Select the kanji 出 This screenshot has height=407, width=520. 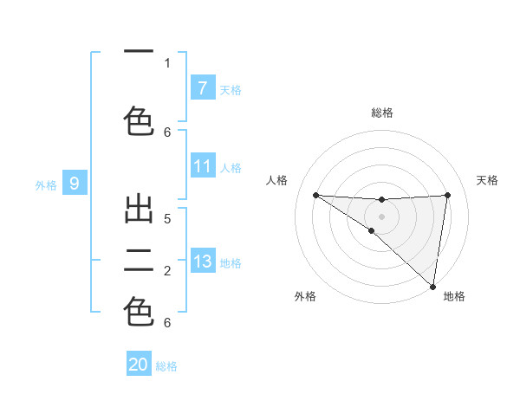pos(139,213)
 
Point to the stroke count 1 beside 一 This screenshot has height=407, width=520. pos(167,62)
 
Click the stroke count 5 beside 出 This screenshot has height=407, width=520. pos(167,218)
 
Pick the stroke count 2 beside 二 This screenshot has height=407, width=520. pos(167,270)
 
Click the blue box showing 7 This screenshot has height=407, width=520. pos(202,87)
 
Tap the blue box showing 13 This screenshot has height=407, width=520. pos(202,262)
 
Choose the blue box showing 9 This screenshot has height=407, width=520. pos(75,184)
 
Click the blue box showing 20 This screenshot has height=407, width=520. pos(138,365)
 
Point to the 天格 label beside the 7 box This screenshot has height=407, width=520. pos(231,89)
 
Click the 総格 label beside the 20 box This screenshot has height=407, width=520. pos(166,366)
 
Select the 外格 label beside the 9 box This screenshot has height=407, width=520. pos(45,184)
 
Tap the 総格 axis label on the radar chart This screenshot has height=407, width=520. pos(381,113)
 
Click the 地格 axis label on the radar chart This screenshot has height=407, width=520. pos(454,297)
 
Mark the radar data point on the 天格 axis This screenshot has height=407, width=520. pos(448,195)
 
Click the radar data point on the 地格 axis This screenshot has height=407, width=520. pos(432,286)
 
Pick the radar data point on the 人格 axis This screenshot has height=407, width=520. pos(315,195)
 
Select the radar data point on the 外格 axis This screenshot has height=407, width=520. pos(371,230)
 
